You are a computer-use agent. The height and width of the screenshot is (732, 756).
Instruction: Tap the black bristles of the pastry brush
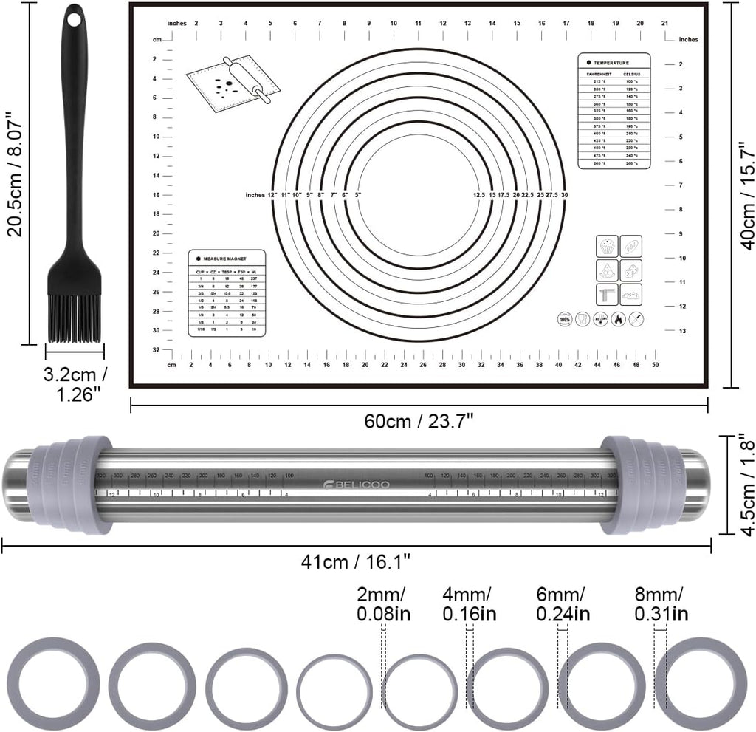click(75, 318)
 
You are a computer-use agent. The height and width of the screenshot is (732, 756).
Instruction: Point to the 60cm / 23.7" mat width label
click(419, 421)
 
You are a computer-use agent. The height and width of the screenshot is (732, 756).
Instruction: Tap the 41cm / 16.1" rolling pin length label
click(357, 561)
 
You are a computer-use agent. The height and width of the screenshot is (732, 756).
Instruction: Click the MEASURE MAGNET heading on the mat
click(226, 259)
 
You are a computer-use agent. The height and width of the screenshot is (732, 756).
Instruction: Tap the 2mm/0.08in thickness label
click(383, 604)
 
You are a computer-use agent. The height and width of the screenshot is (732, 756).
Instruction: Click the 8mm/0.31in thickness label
click(661, 604)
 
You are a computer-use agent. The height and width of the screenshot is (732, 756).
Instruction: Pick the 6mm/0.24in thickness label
click(563, 604)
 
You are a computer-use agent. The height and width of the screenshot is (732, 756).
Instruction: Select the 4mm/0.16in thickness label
click(468, 604)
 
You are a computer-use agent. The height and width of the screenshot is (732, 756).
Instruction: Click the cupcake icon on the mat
click(608, 246)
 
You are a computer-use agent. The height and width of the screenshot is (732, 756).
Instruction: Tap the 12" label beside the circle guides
click(272, 195)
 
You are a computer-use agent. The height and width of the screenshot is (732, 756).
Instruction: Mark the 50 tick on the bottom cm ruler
click(655, 363)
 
